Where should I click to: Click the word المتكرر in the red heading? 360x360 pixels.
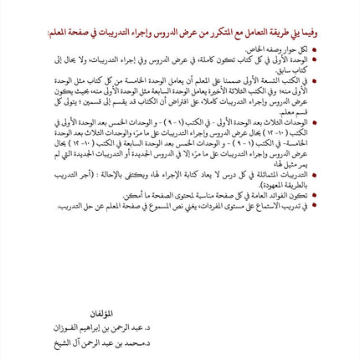click(206, 33)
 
